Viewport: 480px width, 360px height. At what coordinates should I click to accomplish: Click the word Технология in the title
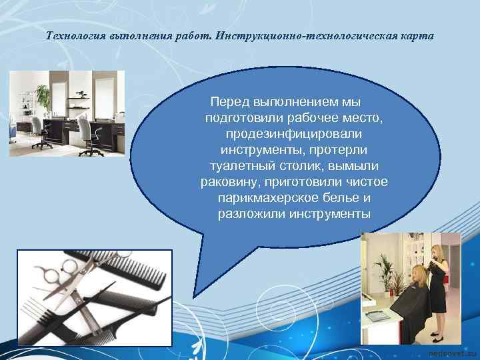coord(74,35)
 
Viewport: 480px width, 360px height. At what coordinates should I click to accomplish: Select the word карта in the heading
coord(415,35)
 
